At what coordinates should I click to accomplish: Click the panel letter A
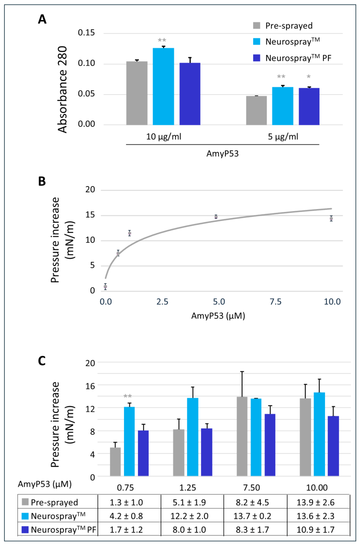pyautogui.click(x=42, y=19)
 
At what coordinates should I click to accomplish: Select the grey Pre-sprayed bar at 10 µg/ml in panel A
pyautogui.click(x=137, y=93)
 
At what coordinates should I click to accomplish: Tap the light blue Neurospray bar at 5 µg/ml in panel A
pyautogui.click(x=282, y=106)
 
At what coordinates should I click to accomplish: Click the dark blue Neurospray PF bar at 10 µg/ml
pyautogui.click(x=190, y=94)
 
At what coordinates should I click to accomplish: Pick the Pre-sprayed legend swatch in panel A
pyautogui.click(x=256, y=26)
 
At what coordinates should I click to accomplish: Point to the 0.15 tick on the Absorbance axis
pyautogui.click(x=86, y=33)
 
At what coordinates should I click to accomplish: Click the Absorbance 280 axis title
pyautogui.click(x=62, y=89)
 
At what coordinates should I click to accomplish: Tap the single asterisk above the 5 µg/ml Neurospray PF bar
pyautogui.click(x=308, y=77)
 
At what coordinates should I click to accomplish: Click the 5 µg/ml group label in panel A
pyautogui.click(x=283, y=137)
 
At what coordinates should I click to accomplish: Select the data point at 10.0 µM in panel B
pyautogui.click(x=331, y=218)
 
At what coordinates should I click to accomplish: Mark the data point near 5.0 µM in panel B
pyautogui.click(x=216, y=217)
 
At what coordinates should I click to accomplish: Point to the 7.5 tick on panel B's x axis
pyautogui.click(x=276, y=302)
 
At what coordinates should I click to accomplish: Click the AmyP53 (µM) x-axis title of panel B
pyautogui.click(x=218, y=316)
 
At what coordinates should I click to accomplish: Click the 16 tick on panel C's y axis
pyautogui.click(x=90, y=386)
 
